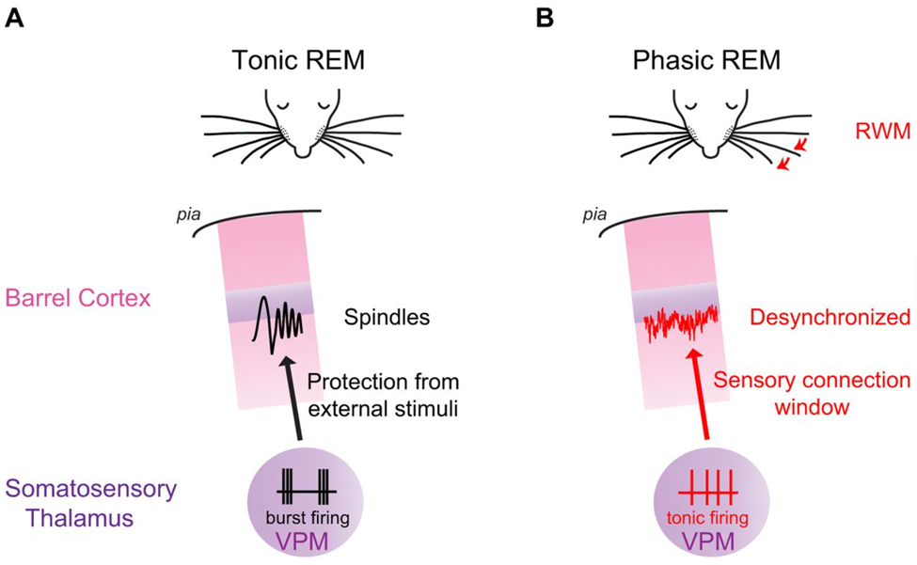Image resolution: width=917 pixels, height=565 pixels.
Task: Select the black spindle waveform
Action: tap(278, 324)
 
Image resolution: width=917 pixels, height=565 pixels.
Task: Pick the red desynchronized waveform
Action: tap(681, 324)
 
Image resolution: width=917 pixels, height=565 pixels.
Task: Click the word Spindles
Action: tap(386, 318)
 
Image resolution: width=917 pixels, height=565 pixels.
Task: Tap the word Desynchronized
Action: tap(830, 318)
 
